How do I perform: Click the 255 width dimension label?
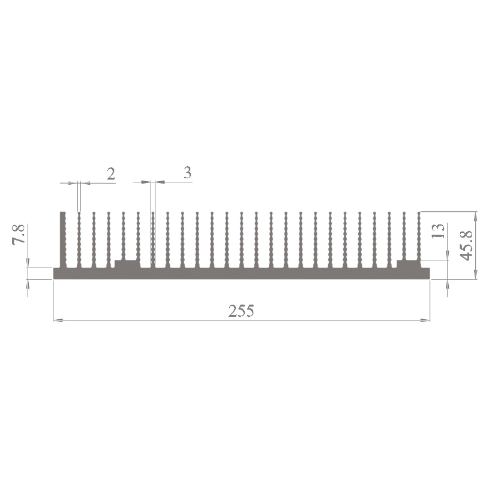coord(241,311)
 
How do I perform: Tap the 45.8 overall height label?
coord(467,246)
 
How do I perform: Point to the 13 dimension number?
coord(438,231)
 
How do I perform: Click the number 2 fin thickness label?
coord(111,173)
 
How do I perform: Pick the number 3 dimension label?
coord(187,173)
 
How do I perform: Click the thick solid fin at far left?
coord(63,239)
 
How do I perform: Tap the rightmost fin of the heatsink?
coord(419,236)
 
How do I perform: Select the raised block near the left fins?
coord(127,264)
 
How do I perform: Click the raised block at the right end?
coord(409,264)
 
